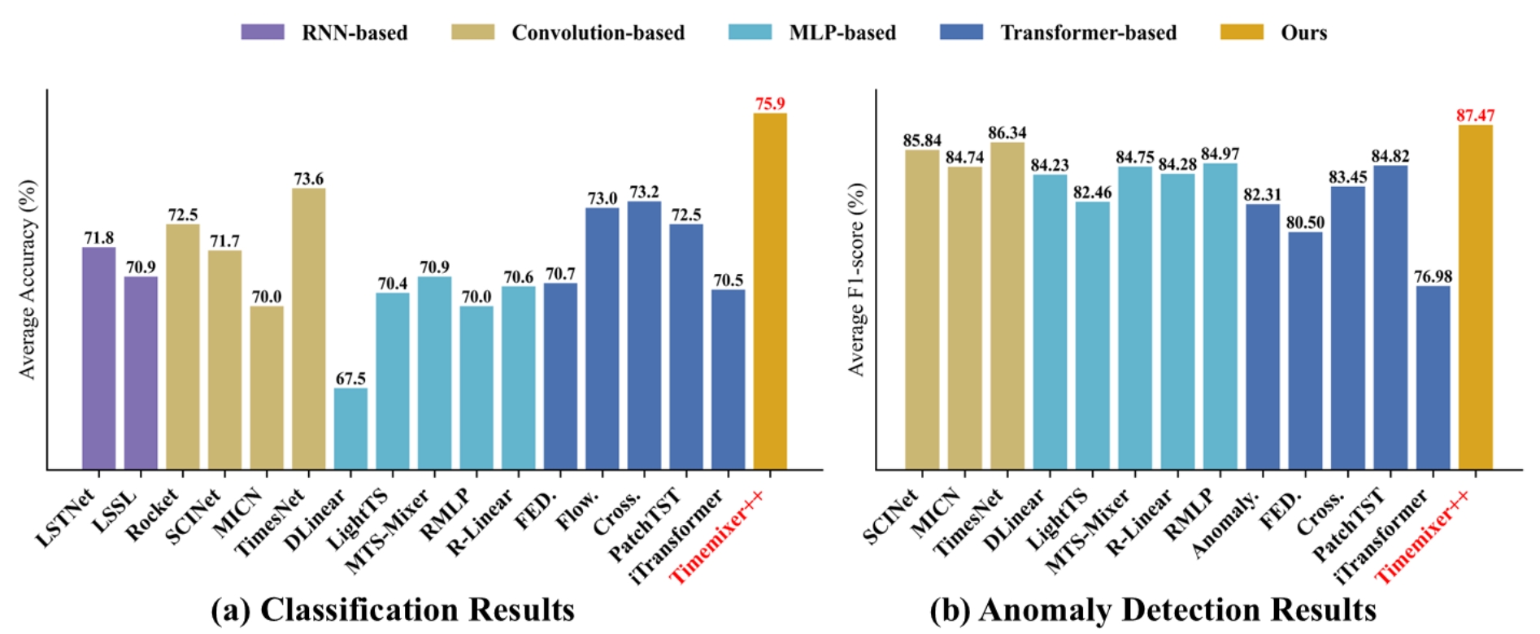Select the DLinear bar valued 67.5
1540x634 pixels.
(x=350, y=428)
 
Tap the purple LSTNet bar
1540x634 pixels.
(x=99, y=358)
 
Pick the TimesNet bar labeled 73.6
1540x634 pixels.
(x=308, y=328)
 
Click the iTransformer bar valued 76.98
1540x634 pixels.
(x=1433, y=377)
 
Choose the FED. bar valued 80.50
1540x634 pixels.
(x=1305, y=350)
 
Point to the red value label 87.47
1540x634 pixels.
(x=1475, y=115)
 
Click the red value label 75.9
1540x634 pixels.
(x=769, y=103)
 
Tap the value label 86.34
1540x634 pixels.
(x=1007, y=132)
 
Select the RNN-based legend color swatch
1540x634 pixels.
(x=263, y=33)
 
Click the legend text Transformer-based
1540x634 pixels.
(x=1088, y=33)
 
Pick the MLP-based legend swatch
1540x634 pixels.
(x=750, y=33)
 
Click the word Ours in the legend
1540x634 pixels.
(x=1303, y=33)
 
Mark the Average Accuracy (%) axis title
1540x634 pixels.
(x=28, y=280)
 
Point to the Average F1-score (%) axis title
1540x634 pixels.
(x=856, y=280)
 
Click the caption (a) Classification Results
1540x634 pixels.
(x=393, y=610)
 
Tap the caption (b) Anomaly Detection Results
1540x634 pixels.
(x=1153, y=610)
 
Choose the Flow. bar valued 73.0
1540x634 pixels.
(x=602, y=338)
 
